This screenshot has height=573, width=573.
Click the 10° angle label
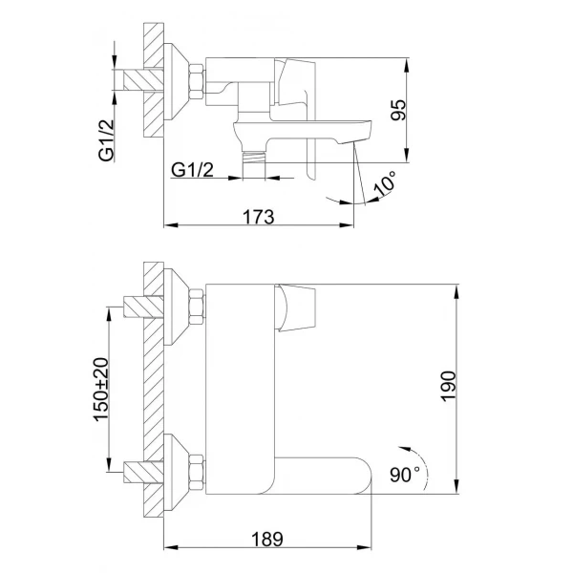pyautogui.click(x=384, y=184)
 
